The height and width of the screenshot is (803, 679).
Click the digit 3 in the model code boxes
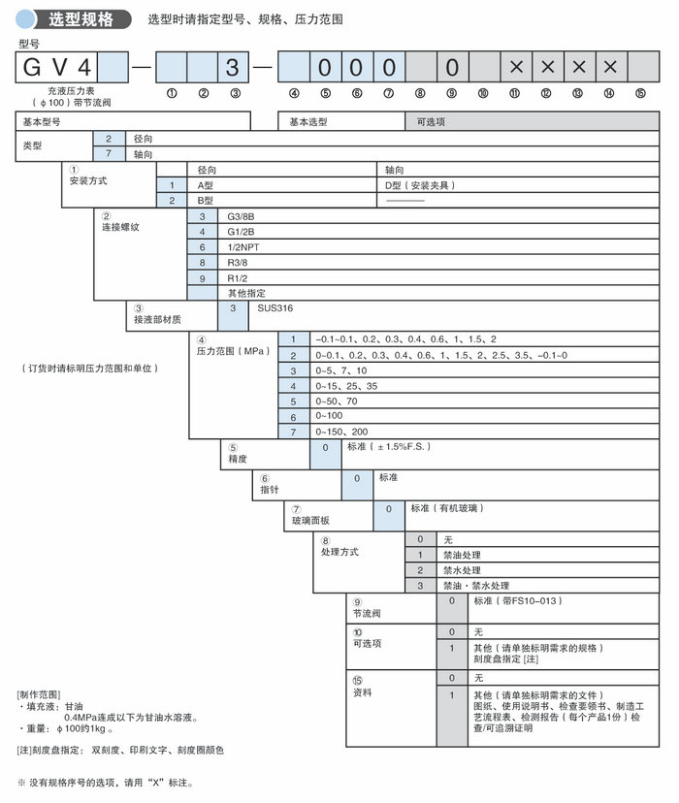(x=233, y=68)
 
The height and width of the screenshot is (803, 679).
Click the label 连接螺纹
(x=120, y=227)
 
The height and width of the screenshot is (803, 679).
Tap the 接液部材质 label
(x=156, y=318)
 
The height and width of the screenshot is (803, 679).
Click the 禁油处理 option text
(x=462, y=555)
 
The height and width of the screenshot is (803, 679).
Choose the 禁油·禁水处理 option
(x=475, y=586)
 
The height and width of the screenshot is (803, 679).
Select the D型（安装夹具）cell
(x=418, y=184)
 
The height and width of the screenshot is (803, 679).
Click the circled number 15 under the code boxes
(x=640, y=93)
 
